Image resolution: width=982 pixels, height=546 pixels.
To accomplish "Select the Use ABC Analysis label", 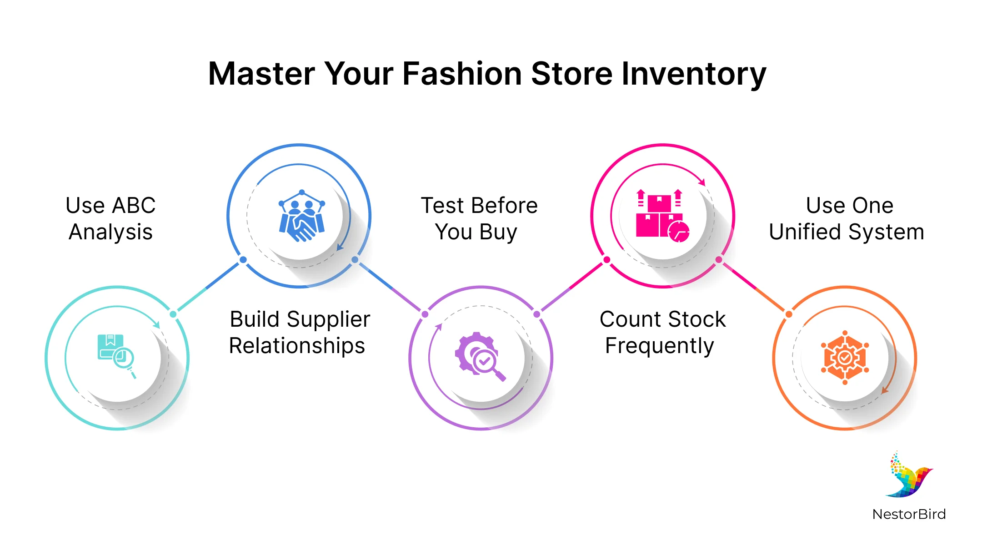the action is coord(110,219).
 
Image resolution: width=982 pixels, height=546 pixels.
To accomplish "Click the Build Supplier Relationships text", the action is coord(299,333).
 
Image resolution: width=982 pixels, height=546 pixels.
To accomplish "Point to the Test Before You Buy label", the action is coord(479,219).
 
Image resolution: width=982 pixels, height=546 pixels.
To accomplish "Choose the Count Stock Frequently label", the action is coord(662,333).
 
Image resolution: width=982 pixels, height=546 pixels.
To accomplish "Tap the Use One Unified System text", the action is coord(847,219).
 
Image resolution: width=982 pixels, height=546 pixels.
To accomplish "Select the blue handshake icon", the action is coord(301,216).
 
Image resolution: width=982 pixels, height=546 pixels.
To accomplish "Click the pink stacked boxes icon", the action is coord(662,216).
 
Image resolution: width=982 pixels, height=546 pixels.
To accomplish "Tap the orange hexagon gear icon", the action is coord(845,358).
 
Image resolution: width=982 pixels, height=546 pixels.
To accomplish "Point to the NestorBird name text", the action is coord(909,514).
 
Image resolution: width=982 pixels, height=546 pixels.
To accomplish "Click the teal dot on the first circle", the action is coord(173,314).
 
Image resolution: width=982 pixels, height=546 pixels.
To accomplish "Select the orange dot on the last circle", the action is coord(789,314).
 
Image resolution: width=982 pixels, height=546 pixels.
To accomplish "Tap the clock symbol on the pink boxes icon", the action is coord(679,232).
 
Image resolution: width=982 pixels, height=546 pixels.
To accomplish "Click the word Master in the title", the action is coord(261,74).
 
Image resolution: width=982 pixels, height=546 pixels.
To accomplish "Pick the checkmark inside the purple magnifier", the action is coord(485,362).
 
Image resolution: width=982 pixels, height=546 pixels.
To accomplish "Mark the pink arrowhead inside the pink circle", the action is coord(702,182).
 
